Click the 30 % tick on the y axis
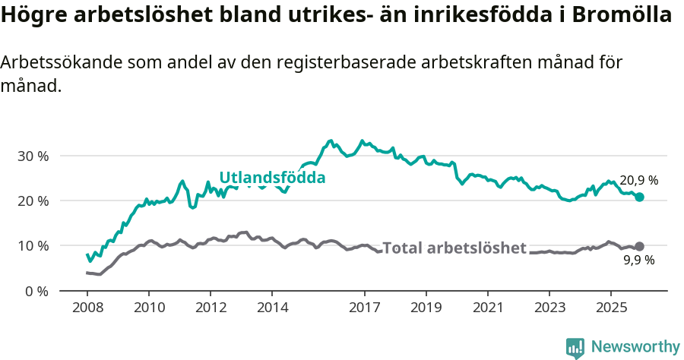click(32, 156)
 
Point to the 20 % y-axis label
click(32, 201)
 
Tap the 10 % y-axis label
click(32, 245)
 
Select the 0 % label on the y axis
click(36, 291)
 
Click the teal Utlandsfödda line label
click(272, 178)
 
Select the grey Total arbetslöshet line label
click(454, 248)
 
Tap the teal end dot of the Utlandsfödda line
click(639, 197)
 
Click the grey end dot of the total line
click(639, 246)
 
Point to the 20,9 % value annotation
click(639, 181)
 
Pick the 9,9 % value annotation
click(639, 261)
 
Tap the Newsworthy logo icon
click(575, 348)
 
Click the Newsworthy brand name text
click(635, 347)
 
